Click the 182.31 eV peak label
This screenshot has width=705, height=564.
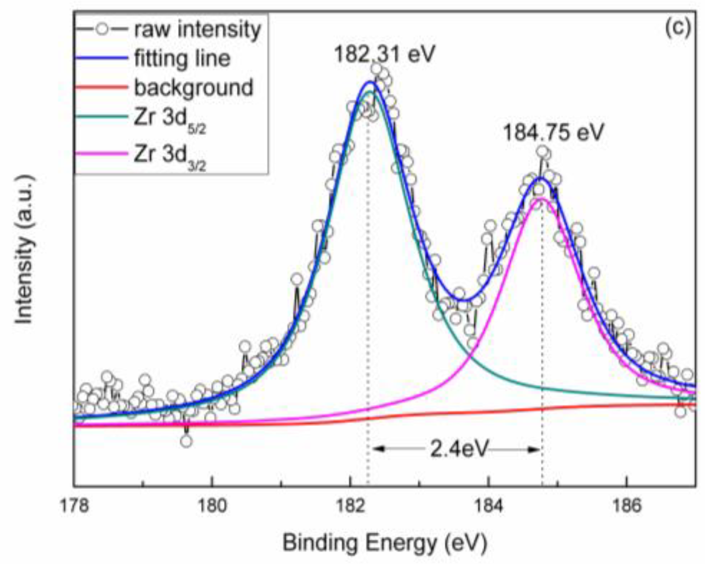384,54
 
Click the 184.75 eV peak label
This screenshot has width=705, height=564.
553,132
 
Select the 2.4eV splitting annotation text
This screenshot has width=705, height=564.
459,449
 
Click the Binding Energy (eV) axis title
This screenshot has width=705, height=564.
385,543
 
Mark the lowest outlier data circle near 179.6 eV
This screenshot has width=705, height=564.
186,441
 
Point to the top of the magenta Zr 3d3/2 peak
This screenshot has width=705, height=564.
541,198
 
